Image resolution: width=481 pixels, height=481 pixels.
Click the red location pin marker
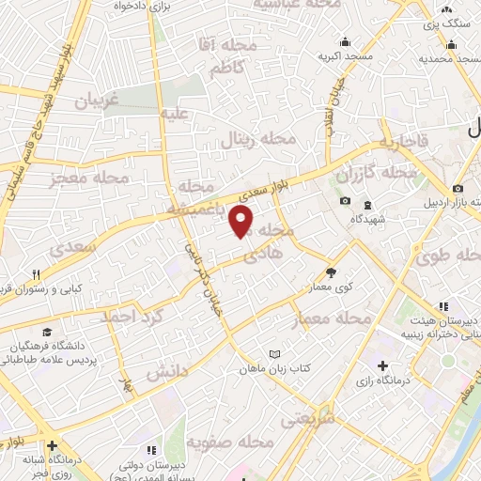[241, 222]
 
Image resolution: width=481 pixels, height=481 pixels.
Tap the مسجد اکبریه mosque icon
[346, 40]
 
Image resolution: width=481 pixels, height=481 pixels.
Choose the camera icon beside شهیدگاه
[345, 202]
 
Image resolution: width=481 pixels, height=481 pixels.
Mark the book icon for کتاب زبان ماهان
[274, 353]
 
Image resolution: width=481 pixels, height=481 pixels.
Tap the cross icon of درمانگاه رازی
[381, 365]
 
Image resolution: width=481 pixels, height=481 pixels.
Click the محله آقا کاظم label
[216, 55]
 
